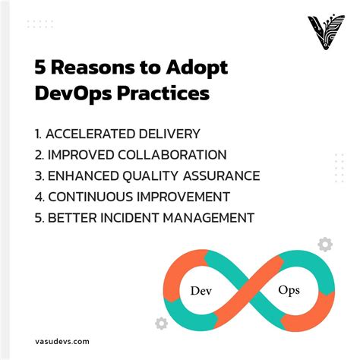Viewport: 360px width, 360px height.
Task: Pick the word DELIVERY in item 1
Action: [x=174, y=134]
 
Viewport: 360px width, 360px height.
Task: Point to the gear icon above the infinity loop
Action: [x=325, y=244]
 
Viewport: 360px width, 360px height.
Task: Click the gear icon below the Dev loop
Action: [x=160, y=324]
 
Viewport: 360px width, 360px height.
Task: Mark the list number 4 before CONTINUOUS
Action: [x=39, y=197]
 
